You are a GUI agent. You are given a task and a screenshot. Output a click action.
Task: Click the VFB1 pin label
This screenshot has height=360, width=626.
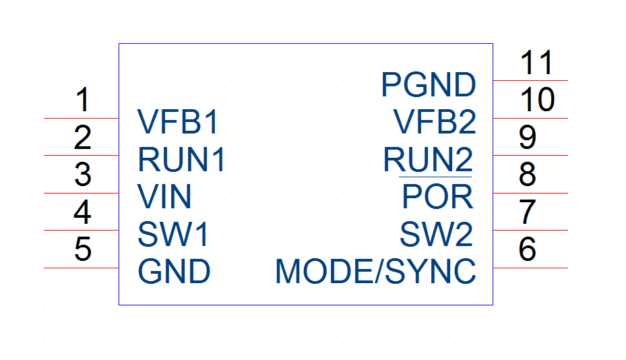(x=178, y=121)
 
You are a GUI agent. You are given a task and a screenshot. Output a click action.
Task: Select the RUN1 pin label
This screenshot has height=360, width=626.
(x=182, y=159)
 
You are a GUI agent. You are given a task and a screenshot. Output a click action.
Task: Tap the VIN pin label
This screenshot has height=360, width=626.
(x=164, y=196)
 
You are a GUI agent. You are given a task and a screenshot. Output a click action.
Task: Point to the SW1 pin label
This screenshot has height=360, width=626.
(x=173, y=234)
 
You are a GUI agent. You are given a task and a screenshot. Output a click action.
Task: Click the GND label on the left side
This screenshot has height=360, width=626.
(x=174, y=271)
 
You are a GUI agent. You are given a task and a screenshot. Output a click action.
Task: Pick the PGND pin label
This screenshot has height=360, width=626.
(x=429, y=84)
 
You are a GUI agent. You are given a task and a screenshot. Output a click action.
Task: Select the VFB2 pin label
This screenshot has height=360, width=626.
(x=435, y=121)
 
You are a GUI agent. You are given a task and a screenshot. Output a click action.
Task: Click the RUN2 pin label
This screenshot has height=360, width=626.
(x=428, y=159)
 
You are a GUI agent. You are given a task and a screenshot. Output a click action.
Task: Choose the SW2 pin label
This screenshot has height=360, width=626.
(x=437, y=234)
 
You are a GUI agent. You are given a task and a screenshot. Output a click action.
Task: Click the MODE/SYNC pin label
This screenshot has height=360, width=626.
(x=376, y=271)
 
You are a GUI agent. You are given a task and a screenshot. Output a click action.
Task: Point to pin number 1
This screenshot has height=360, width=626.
(x=83, y=99)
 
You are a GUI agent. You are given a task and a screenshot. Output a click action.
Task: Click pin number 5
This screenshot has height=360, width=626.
(x=83, y=249)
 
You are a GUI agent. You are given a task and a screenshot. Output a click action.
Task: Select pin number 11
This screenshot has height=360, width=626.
(x=536, y=62)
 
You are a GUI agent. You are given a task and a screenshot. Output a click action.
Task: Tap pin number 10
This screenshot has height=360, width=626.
(x=537, y=99)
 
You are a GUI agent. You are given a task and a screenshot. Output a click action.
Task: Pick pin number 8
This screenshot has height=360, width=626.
(x=528, y=174)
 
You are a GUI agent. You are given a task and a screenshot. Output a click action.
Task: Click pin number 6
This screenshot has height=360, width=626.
(x=528, y=249)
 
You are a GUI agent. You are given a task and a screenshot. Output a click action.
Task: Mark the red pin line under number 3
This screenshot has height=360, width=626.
(x=81, y=193)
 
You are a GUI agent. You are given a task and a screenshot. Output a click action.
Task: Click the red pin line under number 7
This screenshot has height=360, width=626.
(x=530, y=230)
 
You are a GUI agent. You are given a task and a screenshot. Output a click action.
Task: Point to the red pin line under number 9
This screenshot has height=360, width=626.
(x=530, y=155)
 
